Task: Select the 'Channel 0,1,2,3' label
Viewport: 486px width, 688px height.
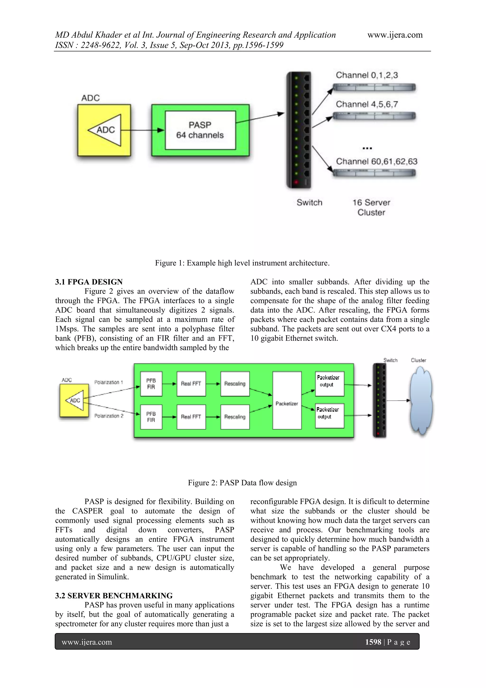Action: click(x=367, y=75)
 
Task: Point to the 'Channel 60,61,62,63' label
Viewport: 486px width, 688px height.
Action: click(x=376, y=162)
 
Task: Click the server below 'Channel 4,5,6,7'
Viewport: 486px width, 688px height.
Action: click(x=374, y=116)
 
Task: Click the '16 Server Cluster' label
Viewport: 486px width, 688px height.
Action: click(x=371, y=207)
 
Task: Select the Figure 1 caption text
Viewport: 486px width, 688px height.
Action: click(x=242, y=263)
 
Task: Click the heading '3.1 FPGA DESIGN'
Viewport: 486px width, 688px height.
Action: click(x=89, y=282)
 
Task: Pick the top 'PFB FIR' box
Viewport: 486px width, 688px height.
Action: click(x=151, y=384)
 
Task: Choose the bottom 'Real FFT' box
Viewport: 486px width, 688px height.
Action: click(x=191, y=417)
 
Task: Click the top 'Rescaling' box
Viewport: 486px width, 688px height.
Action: click(x=235, y=384)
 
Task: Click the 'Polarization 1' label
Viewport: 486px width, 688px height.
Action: click(x=109, y=382)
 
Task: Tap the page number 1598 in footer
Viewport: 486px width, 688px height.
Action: click(x=373, y=642)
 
